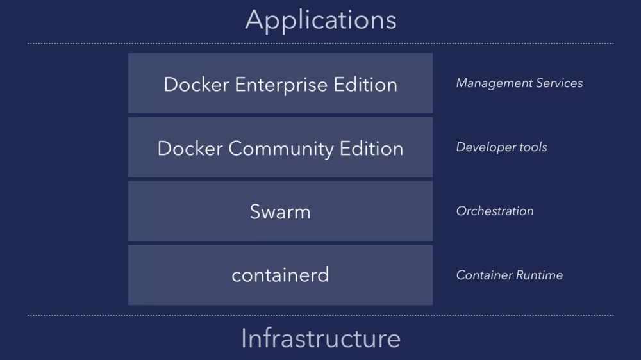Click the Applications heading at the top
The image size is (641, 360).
320,20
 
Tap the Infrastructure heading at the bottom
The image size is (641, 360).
320,338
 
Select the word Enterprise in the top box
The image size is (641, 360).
280,85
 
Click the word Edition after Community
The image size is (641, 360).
374,149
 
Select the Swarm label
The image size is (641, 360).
280,212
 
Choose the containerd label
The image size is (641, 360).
280,275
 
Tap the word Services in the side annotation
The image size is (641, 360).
560,83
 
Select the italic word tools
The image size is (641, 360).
533,147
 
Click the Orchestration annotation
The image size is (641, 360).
494,211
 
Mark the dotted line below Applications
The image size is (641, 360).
320,44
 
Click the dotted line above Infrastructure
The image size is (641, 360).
320,315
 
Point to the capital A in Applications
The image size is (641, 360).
255,20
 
